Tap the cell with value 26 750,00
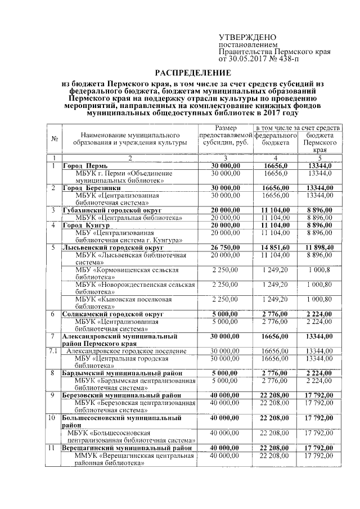(x=226, y=246)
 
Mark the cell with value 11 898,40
(x=319, y=246)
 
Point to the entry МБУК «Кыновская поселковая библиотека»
(x=124, y=302)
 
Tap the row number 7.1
(x=52, y=350)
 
